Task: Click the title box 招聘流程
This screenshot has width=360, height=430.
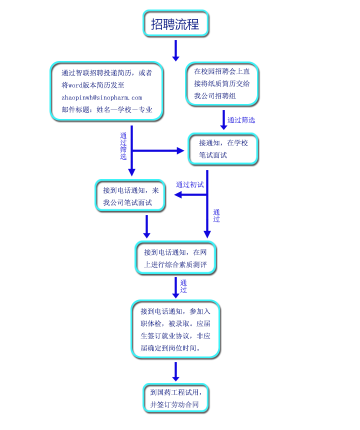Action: (x=175, y=24)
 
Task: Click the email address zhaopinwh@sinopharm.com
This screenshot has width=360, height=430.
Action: (x=101, y=97)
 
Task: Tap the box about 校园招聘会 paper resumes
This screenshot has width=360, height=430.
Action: (x=222, y=83)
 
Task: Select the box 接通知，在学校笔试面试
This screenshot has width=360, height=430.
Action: (x=223, y=149)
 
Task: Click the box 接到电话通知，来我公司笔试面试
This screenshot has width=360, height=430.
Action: (x=130, y=196)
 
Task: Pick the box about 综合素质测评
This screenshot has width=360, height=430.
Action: (x=175, y=258)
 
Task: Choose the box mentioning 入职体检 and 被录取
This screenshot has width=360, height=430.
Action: (x=175, y=329)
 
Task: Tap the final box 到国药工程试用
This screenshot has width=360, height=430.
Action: (x=175, y=398)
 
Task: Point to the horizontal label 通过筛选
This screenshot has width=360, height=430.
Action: (x=241, y=120)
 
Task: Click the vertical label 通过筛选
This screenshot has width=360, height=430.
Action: (x=123, y=146)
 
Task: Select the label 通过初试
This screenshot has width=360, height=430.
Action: (x=190, y=184)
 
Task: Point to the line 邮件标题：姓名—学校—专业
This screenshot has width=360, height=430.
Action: (x=106, y=109)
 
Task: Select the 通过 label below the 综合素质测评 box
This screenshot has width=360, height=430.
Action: (x=183, y=286)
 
